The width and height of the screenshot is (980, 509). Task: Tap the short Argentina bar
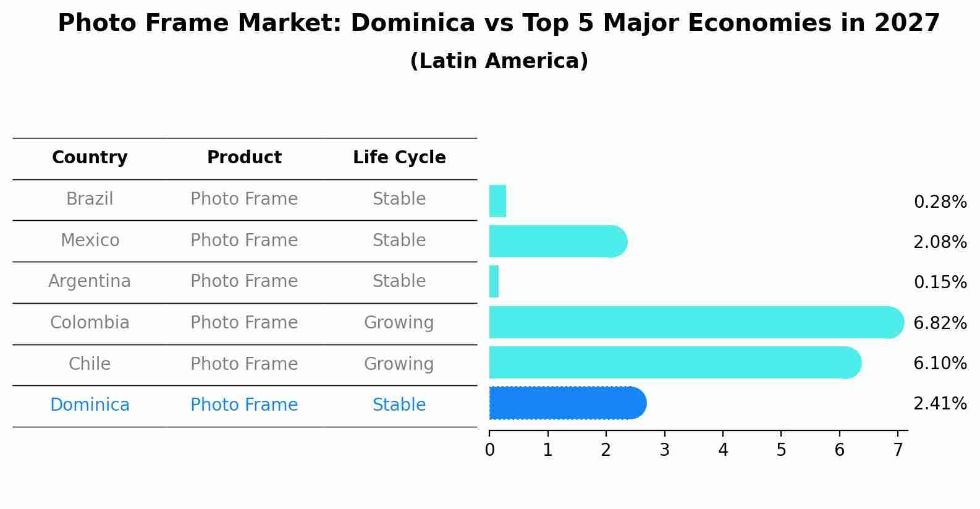[x=494, y=281]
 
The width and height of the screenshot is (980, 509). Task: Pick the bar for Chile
[x=674, y=362]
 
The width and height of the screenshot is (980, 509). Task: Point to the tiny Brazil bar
[x=497, y=201]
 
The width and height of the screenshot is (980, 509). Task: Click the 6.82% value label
[x=940, y=323]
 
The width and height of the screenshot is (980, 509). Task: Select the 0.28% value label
[x=940, y=202]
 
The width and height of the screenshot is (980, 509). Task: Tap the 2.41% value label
[x=940, y=404]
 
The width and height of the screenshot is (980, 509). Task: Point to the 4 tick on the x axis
[x=723, y=450]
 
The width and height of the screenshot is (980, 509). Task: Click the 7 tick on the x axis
[x=898, y=450]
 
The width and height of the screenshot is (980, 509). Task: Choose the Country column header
[x=90, y=158]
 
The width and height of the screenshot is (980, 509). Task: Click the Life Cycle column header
[x=399, y=158]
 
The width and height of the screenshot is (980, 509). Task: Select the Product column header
[x=244, y=158]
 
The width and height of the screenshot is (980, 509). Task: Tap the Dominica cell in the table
[x=90, y=405]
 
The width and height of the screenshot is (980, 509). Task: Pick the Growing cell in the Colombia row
[x=399, y=323]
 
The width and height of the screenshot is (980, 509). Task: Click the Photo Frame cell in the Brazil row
[x=244, y=199]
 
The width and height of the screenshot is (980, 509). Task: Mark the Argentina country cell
[x=90, y=281]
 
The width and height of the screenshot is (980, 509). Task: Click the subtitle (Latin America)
[x=499, y=61]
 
